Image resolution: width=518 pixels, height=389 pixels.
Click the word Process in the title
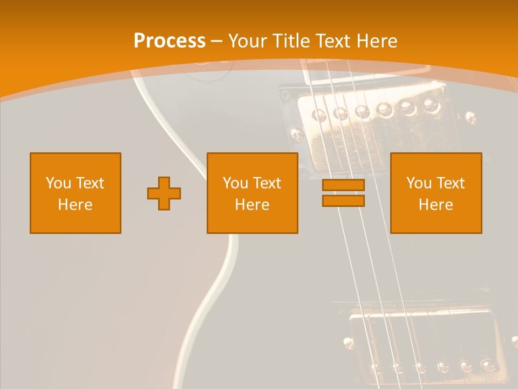(x=169, y=41)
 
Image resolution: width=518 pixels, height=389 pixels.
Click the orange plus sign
(x=164, y=193)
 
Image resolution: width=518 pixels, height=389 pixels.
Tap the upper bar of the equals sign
(x=343, y=185)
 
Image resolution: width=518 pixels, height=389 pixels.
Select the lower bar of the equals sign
(x=343, y=200)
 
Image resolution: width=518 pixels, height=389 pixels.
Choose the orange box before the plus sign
(x=76, y=193)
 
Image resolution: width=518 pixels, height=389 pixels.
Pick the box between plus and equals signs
(x=253, y=193)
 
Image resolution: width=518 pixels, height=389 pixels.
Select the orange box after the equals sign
(x=436, y=193)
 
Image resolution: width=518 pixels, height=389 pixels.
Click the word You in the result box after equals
(x=418, y=183)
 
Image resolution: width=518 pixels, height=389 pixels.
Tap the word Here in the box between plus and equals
(x=253, y=205)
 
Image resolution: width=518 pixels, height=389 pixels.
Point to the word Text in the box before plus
(x=90, y=183)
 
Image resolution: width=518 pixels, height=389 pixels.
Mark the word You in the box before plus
(x=58, y=183)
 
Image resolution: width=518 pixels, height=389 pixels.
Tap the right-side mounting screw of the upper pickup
(x=471, y=117)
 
